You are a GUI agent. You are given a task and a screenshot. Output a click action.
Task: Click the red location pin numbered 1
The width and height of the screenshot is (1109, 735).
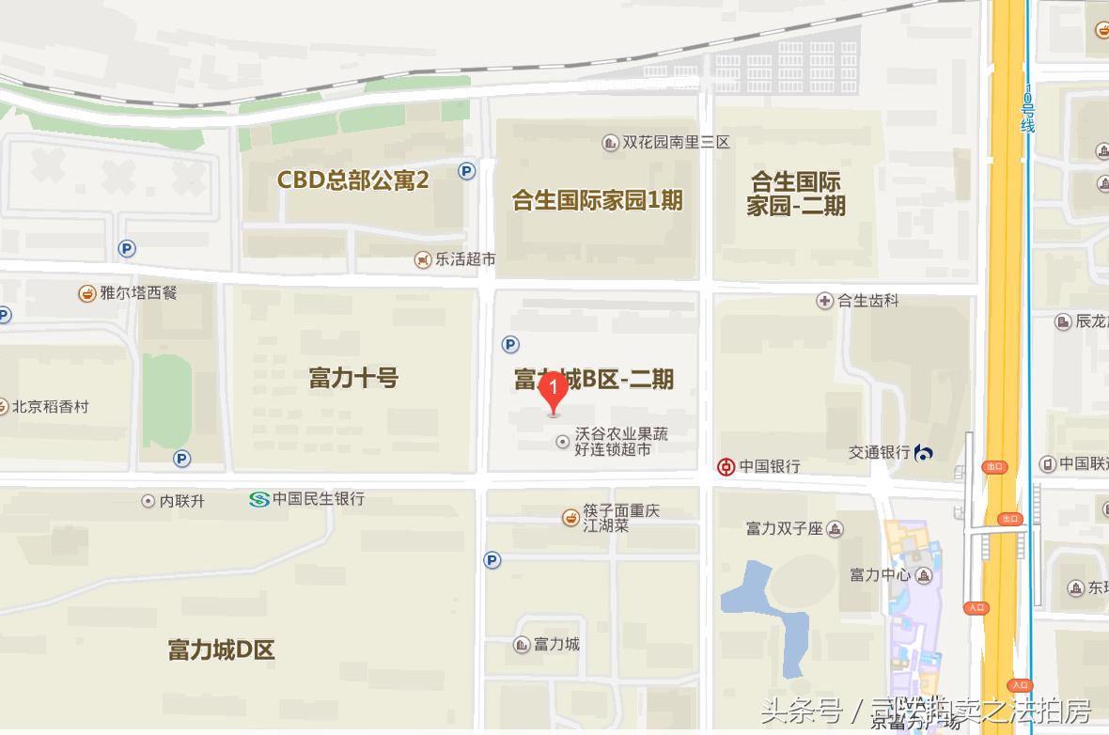tap(554, 389)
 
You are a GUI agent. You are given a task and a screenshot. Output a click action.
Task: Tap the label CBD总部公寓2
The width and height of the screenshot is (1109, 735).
tap(352, 180)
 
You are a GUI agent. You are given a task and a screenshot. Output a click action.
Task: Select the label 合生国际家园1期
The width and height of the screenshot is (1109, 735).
tap(597, 200)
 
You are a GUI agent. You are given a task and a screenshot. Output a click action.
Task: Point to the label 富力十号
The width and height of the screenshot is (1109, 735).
tap(353, 378)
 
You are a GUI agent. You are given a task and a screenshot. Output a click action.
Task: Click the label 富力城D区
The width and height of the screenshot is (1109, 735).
tap(222, 649)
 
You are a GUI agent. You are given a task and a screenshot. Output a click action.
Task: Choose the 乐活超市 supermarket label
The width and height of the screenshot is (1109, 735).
tap(465, 258)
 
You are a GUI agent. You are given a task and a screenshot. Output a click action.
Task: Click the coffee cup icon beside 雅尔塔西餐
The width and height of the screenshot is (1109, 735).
tap(87, 292)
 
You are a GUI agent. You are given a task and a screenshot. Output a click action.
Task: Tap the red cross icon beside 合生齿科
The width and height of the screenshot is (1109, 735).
tap(824, 301)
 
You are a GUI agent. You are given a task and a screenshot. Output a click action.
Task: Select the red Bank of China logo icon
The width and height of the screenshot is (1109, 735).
tap(726, 466)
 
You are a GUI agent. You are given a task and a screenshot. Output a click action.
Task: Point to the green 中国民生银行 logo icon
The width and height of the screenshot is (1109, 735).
tap(259, 499)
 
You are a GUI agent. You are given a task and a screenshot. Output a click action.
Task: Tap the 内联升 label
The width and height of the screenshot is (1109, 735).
tap(181, 501)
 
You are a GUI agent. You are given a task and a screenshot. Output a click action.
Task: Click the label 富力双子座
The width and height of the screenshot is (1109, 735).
tap(785, 528)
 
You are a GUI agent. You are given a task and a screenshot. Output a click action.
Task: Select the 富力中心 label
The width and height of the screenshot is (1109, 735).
tap(880, 574)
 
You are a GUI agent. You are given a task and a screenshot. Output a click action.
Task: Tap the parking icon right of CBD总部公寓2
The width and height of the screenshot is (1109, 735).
tap(467, 170)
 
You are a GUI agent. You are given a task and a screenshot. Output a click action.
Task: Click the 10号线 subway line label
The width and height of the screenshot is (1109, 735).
tap(1028, 108)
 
